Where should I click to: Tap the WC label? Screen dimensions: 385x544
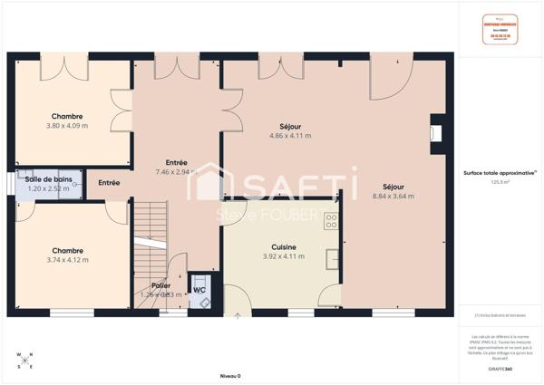pyautogui.click(x=199, y=291)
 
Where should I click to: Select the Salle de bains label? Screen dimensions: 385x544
pyautogui.click(x=48, y=179)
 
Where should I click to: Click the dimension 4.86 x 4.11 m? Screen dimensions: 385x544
pyautogui.click(x=290, y=136)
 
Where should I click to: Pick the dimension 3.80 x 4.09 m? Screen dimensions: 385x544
pyautogui.click(x=67, y=126)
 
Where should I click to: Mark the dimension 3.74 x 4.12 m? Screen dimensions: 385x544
pyautogui.click(x=67, y=261)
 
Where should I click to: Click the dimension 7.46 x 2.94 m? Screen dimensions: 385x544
pyautogui.click(x=176, y=171)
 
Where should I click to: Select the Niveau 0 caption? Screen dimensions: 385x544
pyautogui.click(x=230, y=375)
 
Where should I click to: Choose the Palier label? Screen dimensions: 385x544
pyautogui.click(x=161, y=285)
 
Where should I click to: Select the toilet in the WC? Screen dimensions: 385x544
pyautogui.click(x=199, y=279)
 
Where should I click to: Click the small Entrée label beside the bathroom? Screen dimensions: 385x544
pyautogui.click(x=109, y=183)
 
